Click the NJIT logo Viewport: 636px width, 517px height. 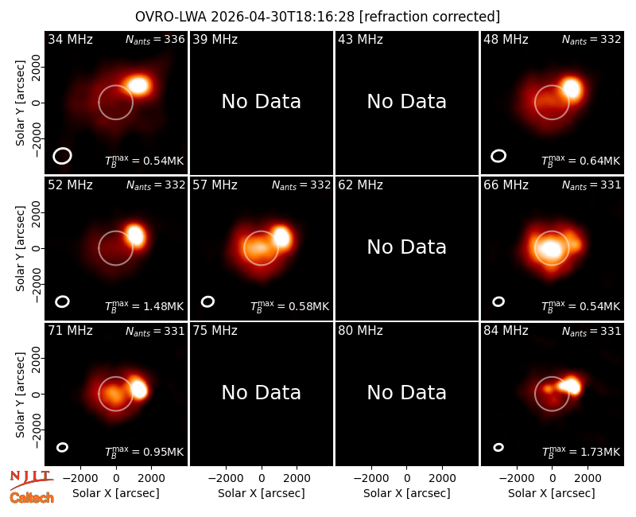click(31, 480)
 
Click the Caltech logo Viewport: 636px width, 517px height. click(32, 498)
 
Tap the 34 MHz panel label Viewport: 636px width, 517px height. click(70, 39)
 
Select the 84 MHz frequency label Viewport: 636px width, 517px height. click(506, 331)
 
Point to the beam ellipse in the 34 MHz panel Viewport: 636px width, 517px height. click(62, 156)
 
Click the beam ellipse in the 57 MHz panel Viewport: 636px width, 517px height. click(207, 301)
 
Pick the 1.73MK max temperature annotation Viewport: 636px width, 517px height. click(581, 451)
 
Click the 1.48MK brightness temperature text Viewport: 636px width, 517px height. click(145, 305)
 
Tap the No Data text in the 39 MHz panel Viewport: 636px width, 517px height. click(262, 102)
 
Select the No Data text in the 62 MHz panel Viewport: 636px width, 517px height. click(407, 247)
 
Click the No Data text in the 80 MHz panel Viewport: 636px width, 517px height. click(407, 393)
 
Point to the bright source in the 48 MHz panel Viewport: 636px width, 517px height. click(572, 88)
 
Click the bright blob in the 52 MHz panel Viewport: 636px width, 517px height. click(135, 235)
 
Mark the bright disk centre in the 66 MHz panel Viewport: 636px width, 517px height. click(552, 249)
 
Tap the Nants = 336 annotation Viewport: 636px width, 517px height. click(155, 39)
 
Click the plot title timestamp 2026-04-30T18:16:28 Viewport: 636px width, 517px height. click(283, 17)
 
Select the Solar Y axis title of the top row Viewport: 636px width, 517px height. click(20, 103)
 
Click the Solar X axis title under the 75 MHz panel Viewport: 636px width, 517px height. click(262, 493)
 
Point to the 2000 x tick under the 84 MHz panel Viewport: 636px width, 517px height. click(588, 479)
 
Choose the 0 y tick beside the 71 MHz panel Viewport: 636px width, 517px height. click(36, 394)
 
